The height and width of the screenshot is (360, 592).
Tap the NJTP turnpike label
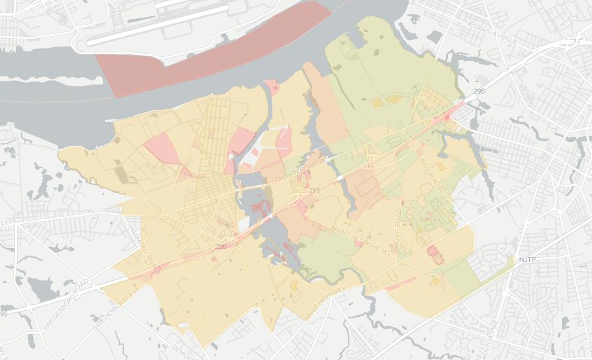527,260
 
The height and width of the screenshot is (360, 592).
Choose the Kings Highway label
325,303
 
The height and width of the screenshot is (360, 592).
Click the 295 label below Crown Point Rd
314,190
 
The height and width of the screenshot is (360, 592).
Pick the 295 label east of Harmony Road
221,247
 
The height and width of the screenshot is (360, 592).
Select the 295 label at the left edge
4,314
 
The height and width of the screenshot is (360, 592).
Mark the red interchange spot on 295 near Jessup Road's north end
448,117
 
